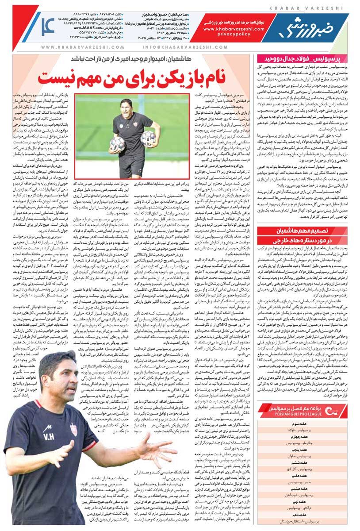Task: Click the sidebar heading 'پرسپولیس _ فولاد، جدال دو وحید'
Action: pos(306,58)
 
